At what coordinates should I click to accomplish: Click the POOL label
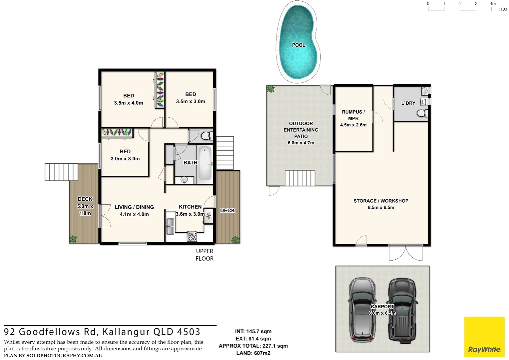(298, 45)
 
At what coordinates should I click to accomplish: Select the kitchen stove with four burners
(192, 236)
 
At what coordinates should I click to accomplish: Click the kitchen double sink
(170, 226)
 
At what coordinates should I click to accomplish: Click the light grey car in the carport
(361, 310)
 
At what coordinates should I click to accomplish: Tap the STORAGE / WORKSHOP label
(381, 201)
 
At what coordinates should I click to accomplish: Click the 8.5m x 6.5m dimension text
(381, 207)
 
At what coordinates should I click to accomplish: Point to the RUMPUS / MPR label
(353, 115)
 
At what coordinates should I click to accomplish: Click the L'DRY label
(408, 103)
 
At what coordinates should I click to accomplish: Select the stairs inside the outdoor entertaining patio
(300, 178)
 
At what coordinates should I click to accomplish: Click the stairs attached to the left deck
(61, 172)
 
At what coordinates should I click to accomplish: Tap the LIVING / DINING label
(134, 207)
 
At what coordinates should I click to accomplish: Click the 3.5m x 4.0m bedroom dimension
(129, 103)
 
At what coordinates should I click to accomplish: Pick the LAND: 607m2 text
(253, 353)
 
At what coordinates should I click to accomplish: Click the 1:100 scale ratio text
(502, 9)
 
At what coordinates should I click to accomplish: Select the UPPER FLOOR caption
(204, 255)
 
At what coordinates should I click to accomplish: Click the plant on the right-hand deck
(235, 239)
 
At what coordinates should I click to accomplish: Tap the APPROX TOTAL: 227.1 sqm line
(253, 346)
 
